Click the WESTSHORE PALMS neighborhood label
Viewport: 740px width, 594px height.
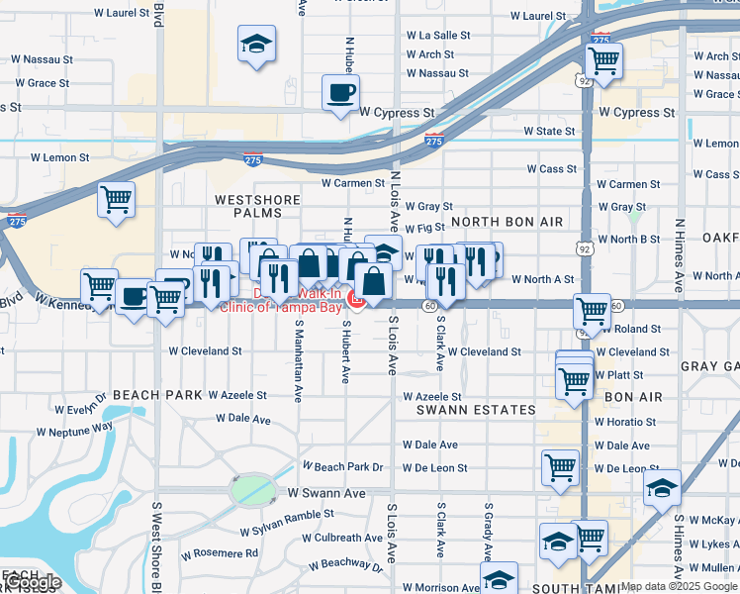pos(257,206)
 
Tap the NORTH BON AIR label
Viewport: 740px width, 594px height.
pos(501,221)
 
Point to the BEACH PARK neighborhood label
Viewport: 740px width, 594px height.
pos(157,394)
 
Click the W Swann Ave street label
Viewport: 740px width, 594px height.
pos(326,492)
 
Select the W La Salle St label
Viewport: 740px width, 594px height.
pos(437,35)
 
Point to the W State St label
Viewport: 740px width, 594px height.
pos(549,131)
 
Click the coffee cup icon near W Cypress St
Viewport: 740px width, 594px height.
pos(341,94)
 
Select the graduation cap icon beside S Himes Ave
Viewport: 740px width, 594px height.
pos(662,487)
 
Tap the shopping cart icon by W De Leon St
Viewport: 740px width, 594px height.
pos(560,465)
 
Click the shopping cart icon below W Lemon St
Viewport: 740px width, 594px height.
pos(116,199)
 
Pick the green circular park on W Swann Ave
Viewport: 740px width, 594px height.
pos(252,488)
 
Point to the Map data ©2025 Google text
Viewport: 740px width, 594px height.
pos(679,586)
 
